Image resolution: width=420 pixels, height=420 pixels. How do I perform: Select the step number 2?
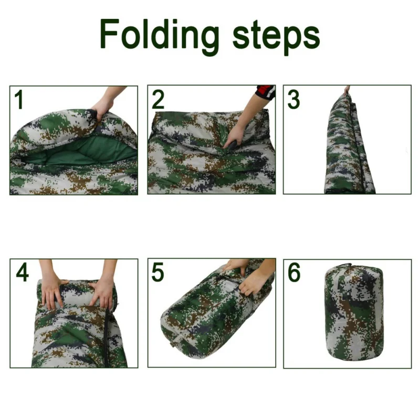click(158, 100)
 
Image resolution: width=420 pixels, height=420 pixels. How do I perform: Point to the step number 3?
click(294, 100)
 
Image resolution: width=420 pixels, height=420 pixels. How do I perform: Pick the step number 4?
click(22, 272)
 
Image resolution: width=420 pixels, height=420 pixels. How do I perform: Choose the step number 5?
click(158, 272)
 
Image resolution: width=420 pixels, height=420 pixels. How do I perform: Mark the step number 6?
click(294, 272)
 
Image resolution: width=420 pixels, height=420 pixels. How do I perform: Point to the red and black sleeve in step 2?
click(266, 92)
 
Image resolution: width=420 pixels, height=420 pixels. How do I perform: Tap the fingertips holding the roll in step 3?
click(346, 90)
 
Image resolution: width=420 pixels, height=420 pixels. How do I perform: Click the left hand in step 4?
click(53, 291)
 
